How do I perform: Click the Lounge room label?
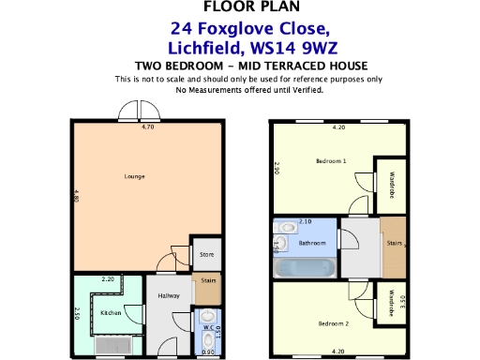click(135, 176)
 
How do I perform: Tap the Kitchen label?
click(111, 312)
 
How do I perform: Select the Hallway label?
click(169, 295)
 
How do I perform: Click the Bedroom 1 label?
click(331, 161)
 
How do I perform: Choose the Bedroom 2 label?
click(333, 323)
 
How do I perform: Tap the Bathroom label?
click(311, 243)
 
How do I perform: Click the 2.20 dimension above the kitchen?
click(108, 278)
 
